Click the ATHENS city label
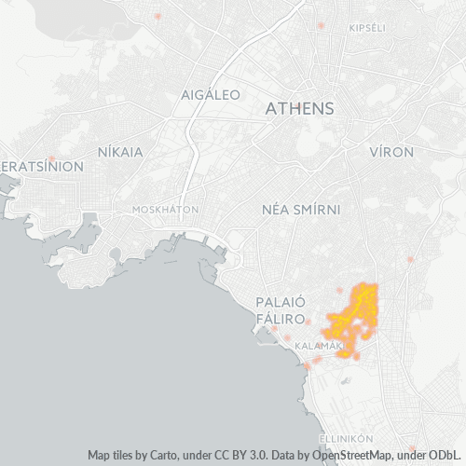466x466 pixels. (x=299, y=109)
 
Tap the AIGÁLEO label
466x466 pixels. (x=211, y=95)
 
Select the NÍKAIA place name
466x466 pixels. (x=120, y=151)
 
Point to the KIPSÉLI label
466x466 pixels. (x=366, y=29)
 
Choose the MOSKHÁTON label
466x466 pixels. (x=165, y=210)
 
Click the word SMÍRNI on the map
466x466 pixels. (x=317, y=211)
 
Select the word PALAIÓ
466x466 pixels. (x=281, y=302)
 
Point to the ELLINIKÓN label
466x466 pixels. (x=346, y=437)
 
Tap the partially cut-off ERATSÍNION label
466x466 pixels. (x=42, y=167)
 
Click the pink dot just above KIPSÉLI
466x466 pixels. (x=322, y=25)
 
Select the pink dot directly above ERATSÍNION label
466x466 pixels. (x=52, y=158)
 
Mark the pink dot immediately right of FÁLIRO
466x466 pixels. (x=308, y=321)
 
